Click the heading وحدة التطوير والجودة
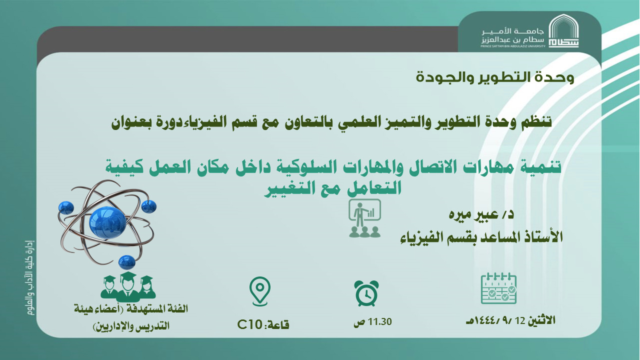[x=495, y=78]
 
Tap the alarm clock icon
[x=366, y=293]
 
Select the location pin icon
[x=259, y=289]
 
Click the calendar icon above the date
[x=498, y=289]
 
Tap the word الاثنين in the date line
[x=541, y=320]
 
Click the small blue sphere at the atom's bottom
[x=127, y=261]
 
